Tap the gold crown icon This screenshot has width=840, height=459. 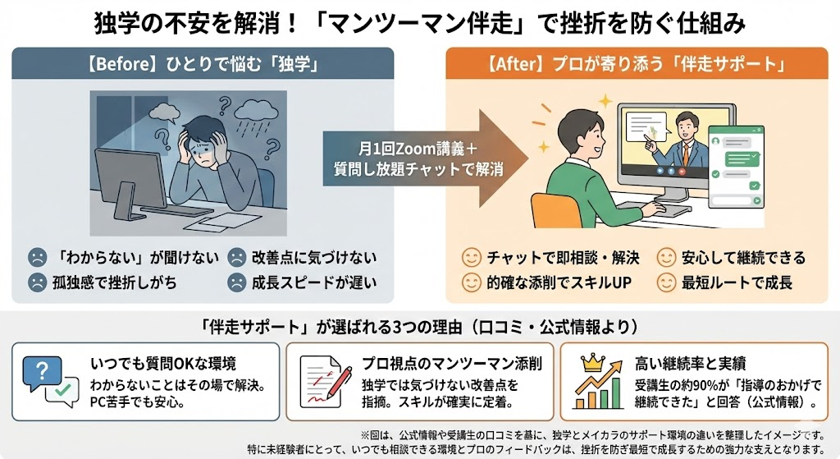592,363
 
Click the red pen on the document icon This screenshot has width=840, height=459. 331,384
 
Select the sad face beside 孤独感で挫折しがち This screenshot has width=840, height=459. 38,282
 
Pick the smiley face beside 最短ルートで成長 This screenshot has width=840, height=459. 666,282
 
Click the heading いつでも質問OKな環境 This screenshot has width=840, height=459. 163,364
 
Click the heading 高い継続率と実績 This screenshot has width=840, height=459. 691,364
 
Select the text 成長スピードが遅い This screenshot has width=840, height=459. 314,282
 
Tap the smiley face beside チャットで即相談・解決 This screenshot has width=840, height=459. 472,257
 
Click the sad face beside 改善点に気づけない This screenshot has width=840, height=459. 237,257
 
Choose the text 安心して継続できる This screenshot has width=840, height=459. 743,258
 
